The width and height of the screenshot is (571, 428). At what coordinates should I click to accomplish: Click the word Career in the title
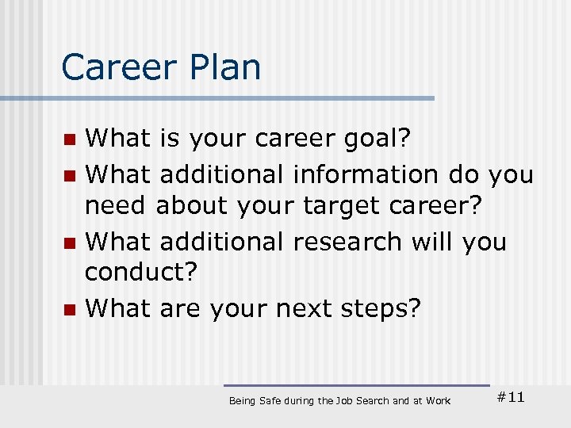[x=117, y=67]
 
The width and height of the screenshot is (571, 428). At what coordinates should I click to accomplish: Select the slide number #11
[x=510, y=397]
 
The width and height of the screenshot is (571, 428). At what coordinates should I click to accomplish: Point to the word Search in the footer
[x=372, y=401]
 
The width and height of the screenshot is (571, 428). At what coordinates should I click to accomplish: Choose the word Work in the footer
[x=438, y=401]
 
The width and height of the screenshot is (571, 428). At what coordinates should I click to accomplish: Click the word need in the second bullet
[x=116, y=205]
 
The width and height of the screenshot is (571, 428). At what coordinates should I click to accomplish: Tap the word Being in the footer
[x=242, y=401]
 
